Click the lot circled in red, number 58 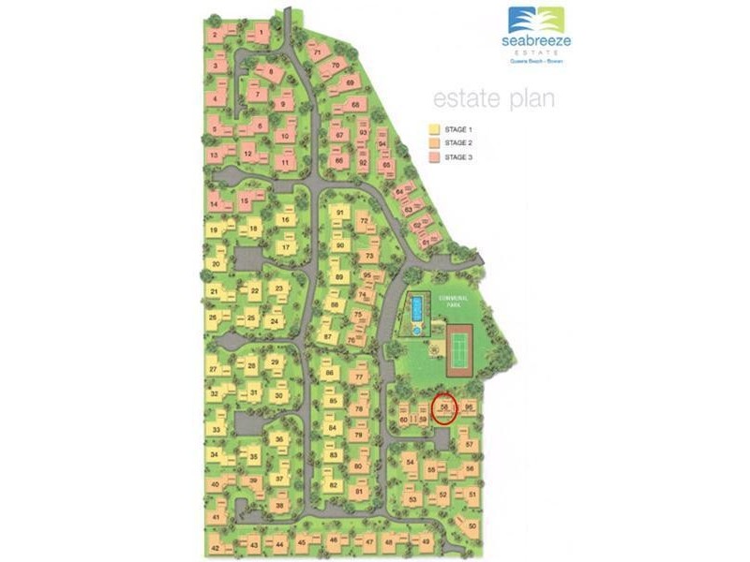pos(444,407)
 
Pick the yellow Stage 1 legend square pos(434,129)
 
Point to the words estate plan pos(493,99)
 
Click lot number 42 pos(216,547)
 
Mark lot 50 pos(472,526)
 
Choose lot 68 pos(355,105)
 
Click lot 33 pos(217,429)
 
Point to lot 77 pos(359,377)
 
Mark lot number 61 pos(427,242)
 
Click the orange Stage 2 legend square pos(434,143)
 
